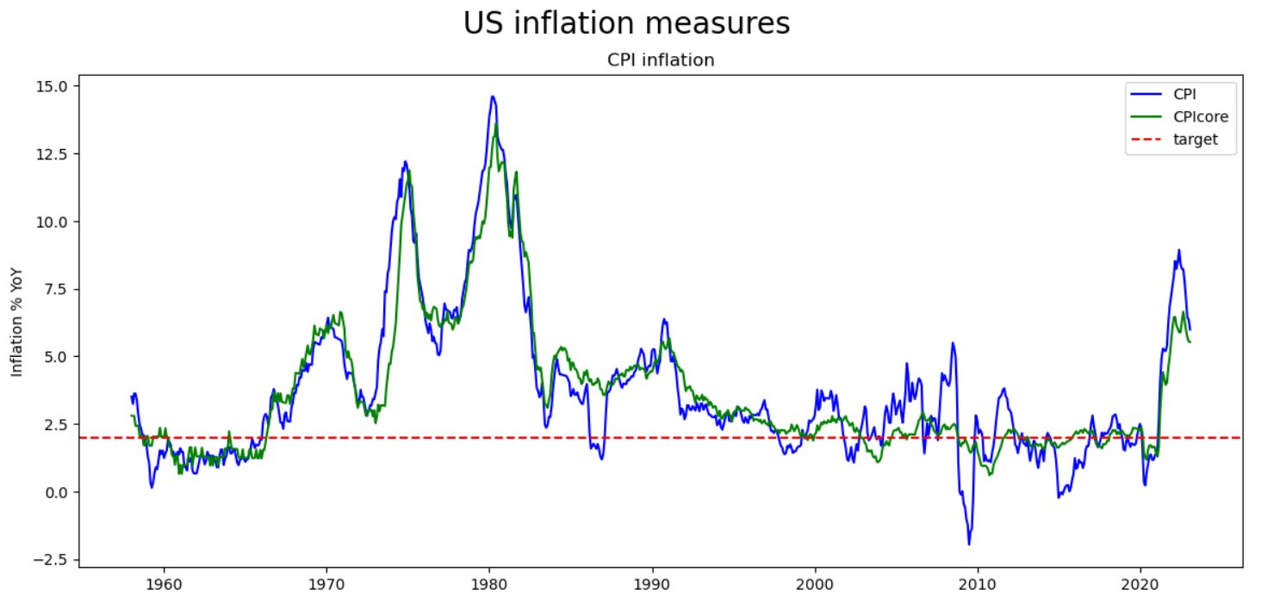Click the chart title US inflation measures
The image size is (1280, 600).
click(x=626, y=23)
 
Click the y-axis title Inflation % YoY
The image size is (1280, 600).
click(x=16, y=325)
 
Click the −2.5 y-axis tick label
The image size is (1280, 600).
click(x=50, y=559)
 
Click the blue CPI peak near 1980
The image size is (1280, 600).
click(x=493, y=97)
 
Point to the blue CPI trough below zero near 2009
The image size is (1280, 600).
click(x=969, y=544)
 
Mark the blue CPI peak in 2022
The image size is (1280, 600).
click(x=1178, y=251)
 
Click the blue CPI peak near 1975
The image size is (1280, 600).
click(x=405, y=161)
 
